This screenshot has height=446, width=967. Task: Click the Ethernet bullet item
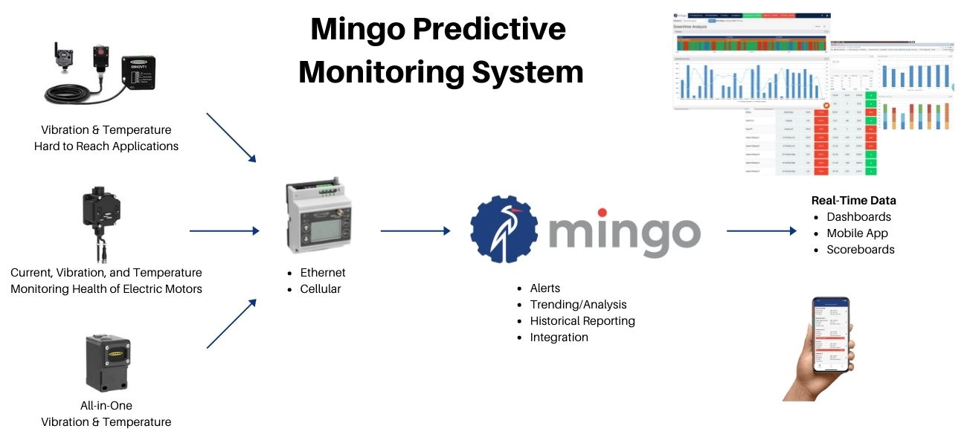tap(323, 272)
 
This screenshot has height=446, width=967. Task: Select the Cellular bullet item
tap(321, 288)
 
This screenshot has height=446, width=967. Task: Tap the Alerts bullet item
tap(545, 288)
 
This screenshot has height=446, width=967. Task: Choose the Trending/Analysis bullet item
tap(578, 305)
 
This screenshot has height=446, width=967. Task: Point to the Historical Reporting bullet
tap(582, 321)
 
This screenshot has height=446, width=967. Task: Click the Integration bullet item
tap(559, 337)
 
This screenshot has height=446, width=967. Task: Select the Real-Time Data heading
tap(853, 201)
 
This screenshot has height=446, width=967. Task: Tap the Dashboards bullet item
tap(858, 217)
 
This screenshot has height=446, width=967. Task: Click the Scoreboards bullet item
tap(861, 250)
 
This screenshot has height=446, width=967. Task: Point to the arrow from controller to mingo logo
tap(415, 231)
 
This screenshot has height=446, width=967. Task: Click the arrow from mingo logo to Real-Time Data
tap(761, 231)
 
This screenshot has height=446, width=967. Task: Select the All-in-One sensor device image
tap(108, 362)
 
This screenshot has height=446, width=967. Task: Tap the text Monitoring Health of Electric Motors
tap(106, 289)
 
